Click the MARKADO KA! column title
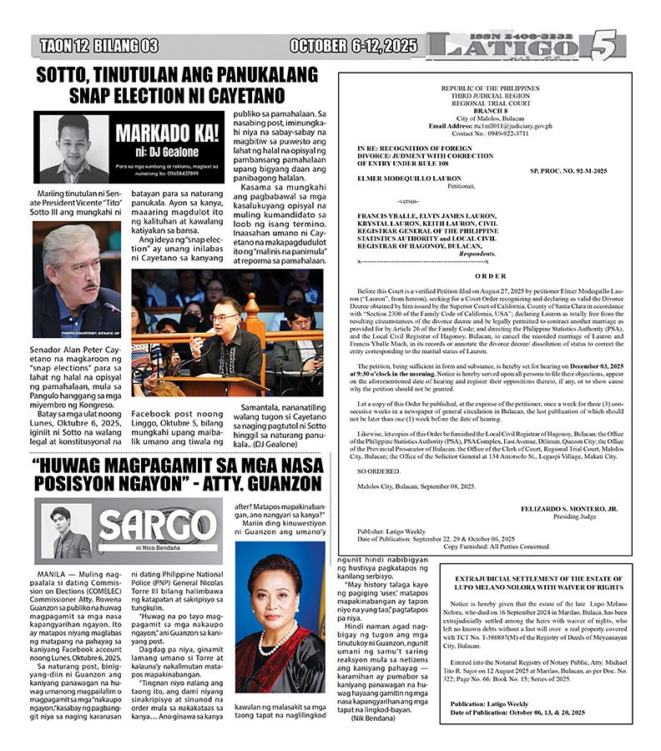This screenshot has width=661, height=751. click(157, 133)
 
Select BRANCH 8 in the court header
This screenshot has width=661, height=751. click(491, 110)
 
